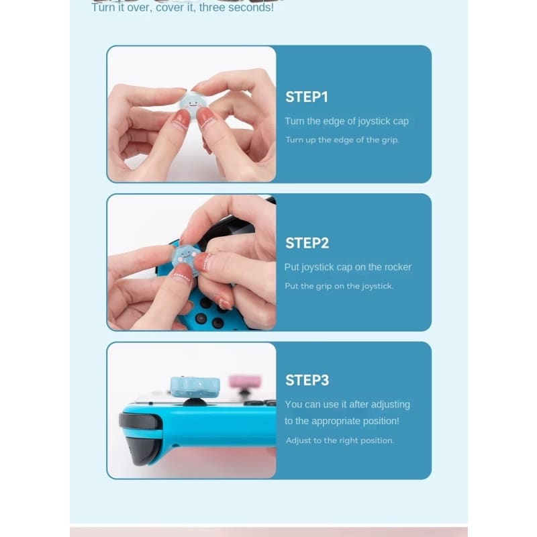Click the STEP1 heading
pyautogui.click(x=307, y=97)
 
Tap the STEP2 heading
pyautogui.click(x=307, y=243)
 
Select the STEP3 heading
pyautogui.click(x=307, y=380)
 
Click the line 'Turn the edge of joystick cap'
pyautogui.click(x=346, y=121)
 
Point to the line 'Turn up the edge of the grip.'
pyautogui.click(x=342, y=140)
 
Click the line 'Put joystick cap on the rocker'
pyautogui.click(x=348, y=267)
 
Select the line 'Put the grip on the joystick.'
pyautogui.click(x=340, y=286)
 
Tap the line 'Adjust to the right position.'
pyautogui.click(x=340, y=440)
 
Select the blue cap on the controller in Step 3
pyautogui.click(x=195, y=387)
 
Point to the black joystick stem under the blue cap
pyautogui.click(x=195, y=401)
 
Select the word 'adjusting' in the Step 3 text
pyautogui.click(x=391, y=405)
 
